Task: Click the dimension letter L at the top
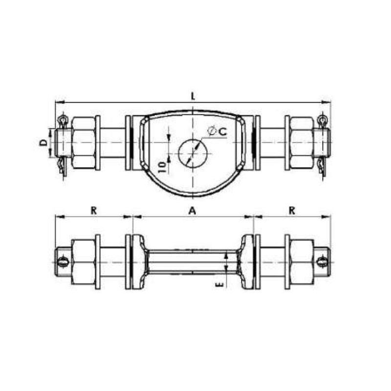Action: (194, 96)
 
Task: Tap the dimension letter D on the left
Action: (43, 143)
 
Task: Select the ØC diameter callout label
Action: (216, 131)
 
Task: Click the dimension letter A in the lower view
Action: (192, 210)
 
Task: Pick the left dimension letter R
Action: (93, 210)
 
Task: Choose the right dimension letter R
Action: (292, 210)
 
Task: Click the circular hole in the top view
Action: (193, 153)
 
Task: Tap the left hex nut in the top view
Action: (83, 143)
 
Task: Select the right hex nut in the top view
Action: (302, 143)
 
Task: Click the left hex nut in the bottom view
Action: (83, 262)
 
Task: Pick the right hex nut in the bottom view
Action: (302, 262)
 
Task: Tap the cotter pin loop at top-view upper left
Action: (62, 120)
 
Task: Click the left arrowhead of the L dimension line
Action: (58, 102)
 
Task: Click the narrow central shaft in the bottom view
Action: (193, 262)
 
